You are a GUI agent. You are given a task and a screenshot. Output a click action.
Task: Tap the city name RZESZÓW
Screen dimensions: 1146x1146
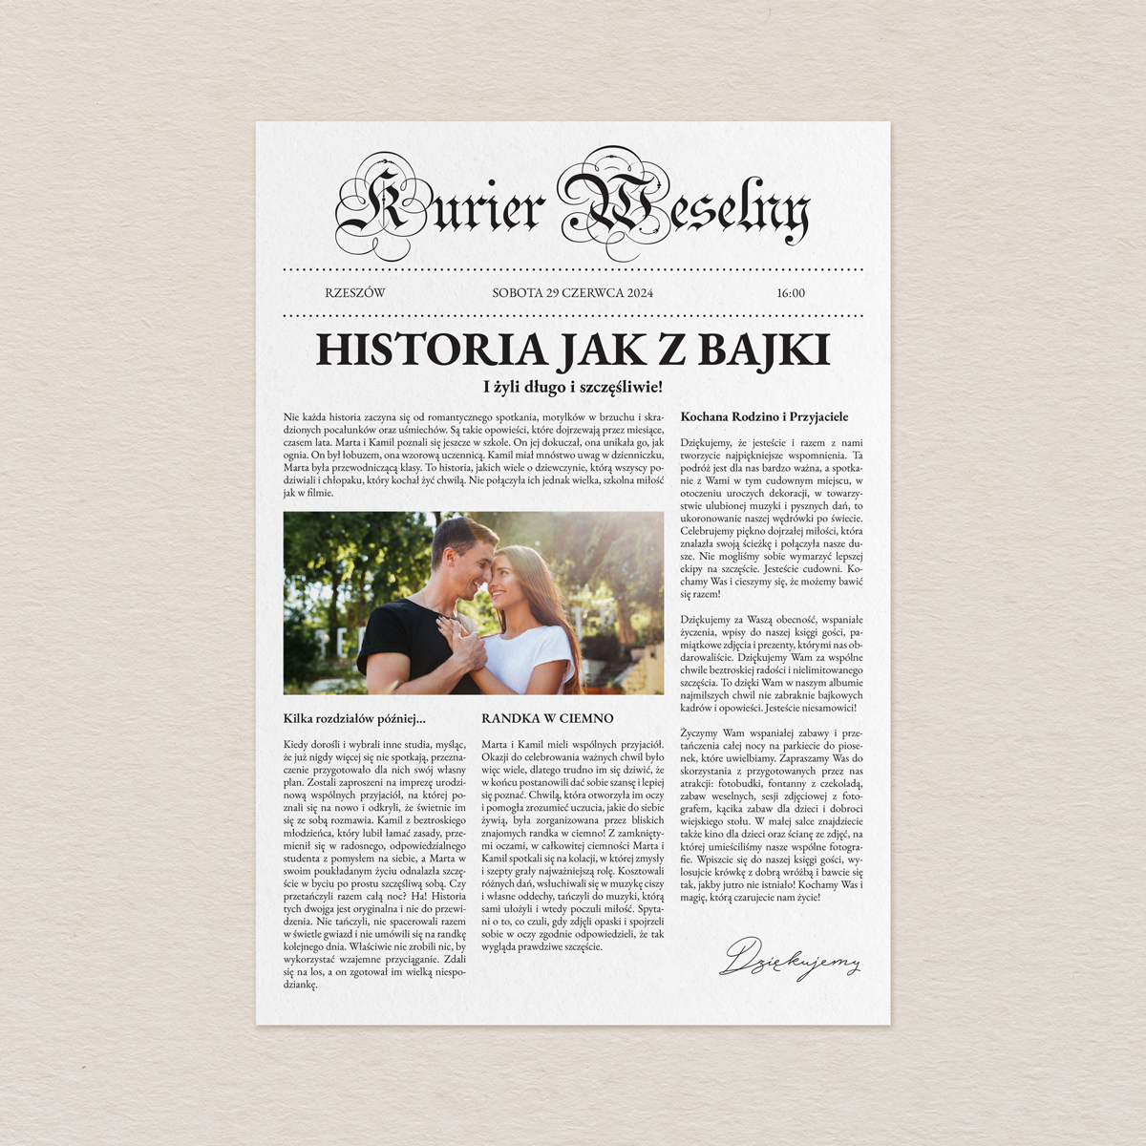(354, 293)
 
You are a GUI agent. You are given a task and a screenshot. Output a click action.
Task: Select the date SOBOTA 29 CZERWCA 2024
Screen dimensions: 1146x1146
(572, 293)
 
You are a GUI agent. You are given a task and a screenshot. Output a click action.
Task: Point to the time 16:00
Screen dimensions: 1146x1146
(791, 293)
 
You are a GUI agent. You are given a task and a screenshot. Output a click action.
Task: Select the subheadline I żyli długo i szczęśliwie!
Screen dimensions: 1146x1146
(572, 387)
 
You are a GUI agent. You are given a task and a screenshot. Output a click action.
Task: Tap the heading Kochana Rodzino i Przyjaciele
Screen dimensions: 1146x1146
(764, 416)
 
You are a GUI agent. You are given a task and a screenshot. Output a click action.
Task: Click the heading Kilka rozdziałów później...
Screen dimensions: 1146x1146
(354, 718)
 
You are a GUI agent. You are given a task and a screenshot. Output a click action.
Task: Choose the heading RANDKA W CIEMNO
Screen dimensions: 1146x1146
(547, 718)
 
